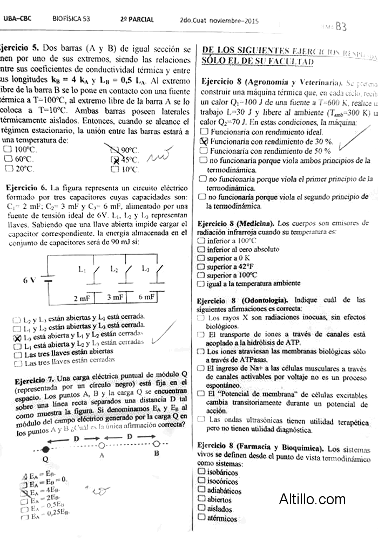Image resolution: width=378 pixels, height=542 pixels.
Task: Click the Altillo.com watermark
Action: pyautogui.click(x=312, y=499)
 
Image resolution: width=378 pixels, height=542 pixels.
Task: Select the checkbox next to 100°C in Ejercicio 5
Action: pyautogui.click(x=8, y=149)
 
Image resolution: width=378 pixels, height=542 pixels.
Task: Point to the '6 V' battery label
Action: pyautogui.click(x=30, y=280)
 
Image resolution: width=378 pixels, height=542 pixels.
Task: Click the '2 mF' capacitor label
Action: pyautogui.click(x=83, y=297)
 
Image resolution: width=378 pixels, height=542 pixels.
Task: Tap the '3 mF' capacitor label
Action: pyautogui.click(x=115, y=297)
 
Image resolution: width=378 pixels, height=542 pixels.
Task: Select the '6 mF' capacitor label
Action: pyautogui.click(x=146, y=297)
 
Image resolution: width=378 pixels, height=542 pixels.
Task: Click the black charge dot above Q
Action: pyautogui.click(x=45, y=449)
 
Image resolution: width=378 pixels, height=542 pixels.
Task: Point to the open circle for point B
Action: pyautogui.click(x=157, y=444)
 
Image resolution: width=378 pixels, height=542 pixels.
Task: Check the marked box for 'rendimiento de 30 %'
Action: pyautogui.click(x=204, y=141)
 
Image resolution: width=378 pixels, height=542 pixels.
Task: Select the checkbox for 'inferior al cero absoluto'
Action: pyautogui.click(x=201, y=250)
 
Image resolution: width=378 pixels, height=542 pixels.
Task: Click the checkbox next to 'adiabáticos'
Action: pyautogui.click(x=201, y=490)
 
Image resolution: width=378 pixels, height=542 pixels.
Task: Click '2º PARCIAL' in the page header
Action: pyautogui.click(x=137, y=20)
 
